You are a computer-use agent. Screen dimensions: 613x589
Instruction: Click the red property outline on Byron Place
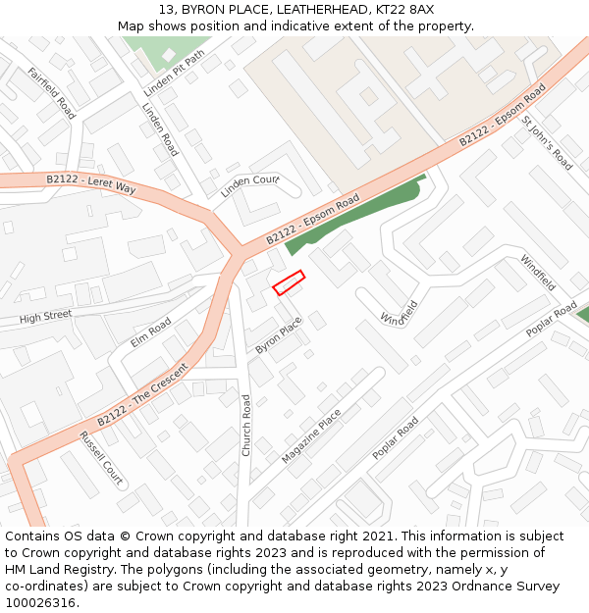tap(289, 282)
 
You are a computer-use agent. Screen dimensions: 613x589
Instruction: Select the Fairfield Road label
tap(51, 93)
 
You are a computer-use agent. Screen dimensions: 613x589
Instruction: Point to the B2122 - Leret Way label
tap(90, 183)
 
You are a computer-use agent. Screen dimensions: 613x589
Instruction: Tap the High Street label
tap(45, 317)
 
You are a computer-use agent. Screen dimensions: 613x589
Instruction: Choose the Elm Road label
tap(150, 332)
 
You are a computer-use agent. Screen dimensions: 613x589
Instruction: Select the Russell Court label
tap(101, 458)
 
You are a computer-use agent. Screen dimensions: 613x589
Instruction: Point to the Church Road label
tap(246, 424)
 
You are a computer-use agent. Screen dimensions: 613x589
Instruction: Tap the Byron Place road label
tap(279, 334)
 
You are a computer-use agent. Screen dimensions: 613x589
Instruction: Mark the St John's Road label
tap(547, 143)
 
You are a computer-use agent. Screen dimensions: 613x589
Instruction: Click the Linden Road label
tap(160, 129)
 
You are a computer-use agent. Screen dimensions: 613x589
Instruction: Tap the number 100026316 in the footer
tap(40, 602)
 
